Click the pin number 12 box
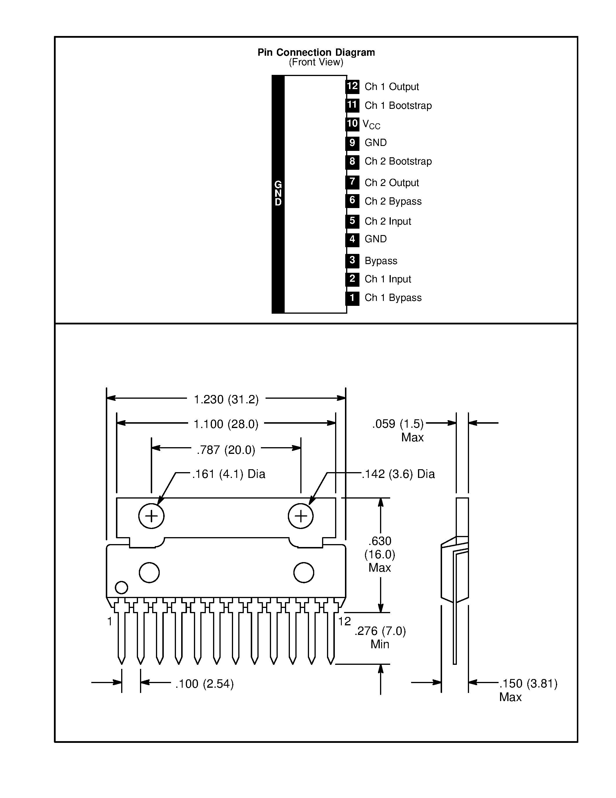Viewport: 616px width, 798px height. pyautogui.click(x=352, y=86)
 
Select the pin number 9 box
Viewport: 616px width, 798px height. pyautogui.click(x=352, y=143)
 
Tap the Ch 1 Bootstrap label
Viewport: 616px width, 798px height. pyautogui.click(x=398, y=106)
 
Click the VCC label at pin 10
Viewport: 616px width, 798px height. pyautogui.click(x=371, y=124)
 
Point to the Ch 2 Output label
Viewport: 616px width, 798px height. pyautogui.click(x=392, y=183)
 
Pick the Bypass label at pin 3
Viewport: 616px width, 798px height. pyautogui.click(x=381, y=261)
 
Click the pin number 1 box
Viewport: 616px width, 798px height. pyautogui.click(x=352, y=298)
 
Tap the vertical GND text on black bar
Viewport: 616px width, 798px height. pyautogui.click(x=278, y=193)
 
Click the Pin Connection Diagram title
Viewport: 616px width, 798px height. pyautogui.click(x=316, y=52)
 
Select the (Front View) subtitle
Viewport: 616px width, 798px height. pyautogui.click(x=316, y=62)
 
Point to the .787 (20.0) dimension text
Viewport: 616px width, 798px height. pyautogui.click(x=226, y=450)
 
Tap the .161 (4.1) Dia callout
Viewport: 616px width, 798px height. pyautogui.click(x=228, y=474)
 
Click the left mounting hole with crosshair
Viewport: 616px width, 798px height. pyautogui.click(x=151, y=516)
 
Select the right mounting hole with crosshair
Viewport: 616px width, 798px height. pyautogui.click(x=301, y=516)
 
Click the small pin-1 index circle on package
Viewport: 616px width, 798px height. pyautogui.click(x=121, y=588)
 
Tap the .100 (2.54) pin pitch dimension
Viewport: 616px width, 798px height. pyautogui.click(x=204, y=684)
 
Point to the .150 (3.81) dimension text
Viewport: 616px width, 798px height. pyautogui.click(x=528, y=684)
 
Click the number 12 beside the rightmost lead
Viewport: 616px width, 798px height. pyautogui.click(x=344, y=621)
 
